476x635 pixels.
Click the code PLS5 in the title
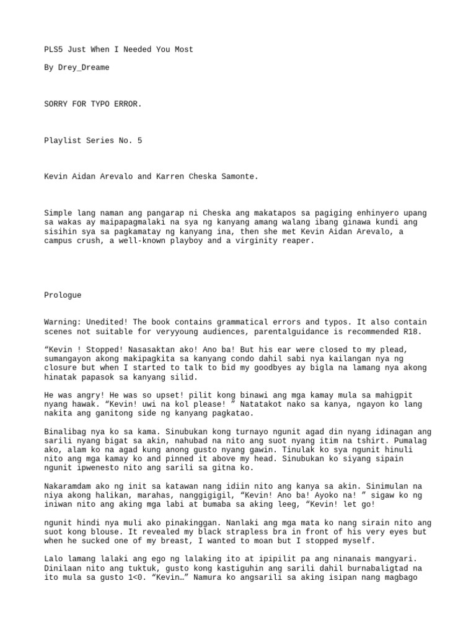(53, 50)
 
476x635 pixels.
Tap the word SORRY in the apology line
(55, 104)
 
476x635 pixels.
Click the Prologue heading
(62, 295)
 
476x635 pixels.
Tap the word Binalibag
(66, 432)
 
